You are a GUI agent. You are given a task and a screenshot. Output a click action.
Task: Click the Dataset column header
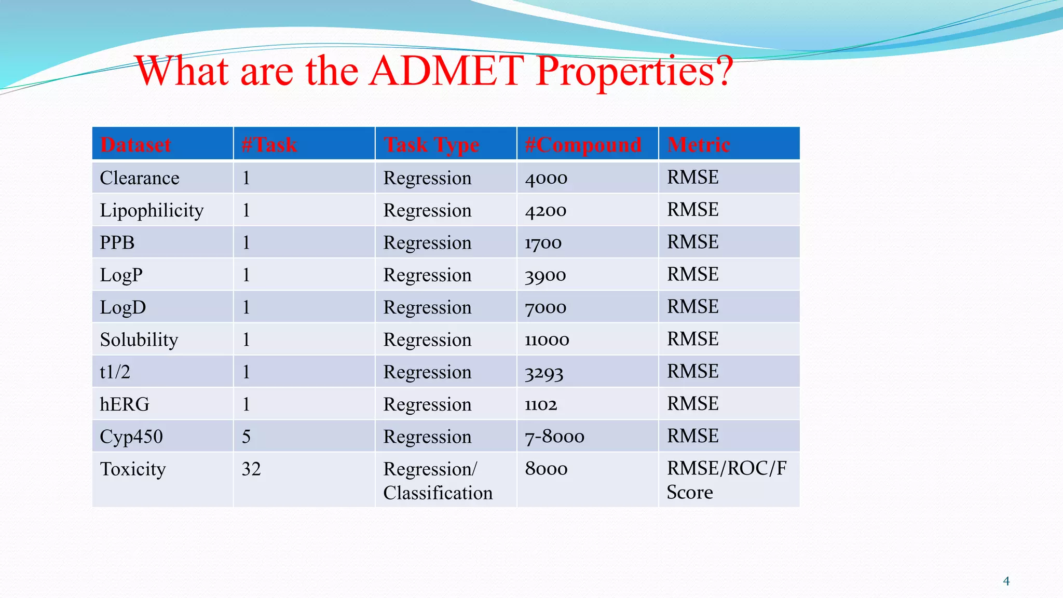coord(135,144)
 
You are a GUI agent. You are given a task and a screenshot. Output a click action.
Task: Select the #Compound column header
coord(583,144)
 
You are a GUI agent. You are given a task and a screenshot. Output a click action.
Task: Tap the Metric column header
coord(698,144)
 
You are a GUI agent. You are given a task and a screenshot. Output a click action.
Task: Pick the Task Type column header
coord(431,144)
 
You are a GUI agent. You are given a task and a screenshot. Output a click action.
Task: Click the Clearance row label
coord(139,178)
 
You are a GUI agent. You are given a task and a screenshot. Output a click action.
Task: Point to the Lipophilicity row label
coord(152,210)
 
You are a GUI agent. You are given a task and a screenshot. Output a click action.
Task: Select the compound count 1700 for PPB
coord(543,243)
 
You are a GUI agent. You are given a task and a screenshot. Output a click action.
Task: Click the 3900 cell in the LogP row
coord(545,275)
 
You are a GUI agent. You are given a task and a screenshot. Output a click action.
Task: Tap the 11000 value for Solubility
coord(547,340)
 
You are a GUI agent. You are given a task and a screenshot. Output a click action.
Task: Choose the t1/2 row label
coord(115,372)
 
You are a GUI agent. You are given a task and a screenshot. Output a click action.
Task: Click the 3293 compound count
coord(543,373)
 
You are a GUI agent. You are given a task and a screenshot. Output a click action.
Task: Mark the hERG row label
coord(124,404)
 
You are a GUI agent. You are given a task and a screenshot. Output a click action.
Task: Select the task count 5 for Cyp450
coord(246,437)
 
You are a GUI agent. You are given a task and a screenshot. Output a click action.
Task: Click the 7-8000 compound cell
coord(554,437)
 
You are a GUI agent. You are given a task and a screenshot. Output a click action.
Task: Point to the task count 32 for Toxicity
coord(251,469)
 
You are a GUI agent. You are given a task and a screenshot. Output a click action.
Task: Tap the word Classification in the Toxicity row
coord(438,493)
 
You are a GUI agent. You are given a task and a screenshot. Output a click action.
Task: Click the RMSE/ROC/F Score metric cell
coord(726,480)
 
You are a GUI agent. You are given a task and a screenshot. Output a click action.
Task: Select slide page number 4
coord(1006,581)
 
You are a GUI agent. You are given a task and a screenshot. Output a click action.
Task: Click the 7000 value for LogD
coord(545,307)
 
